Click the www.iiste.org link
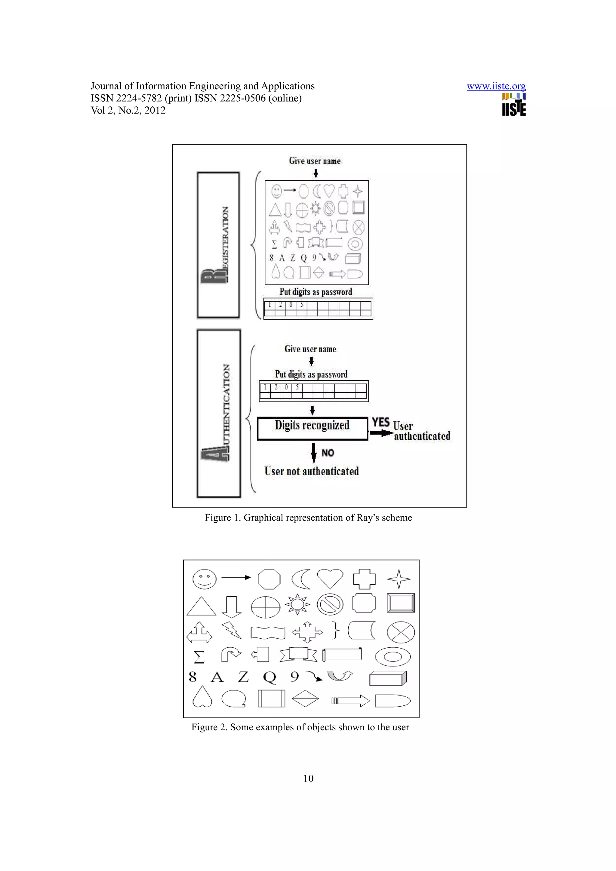pos(496,86)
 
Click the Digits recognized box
pos(312,428)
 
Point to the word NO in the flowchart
pos(328,453)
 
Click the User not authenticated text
pos(311,471)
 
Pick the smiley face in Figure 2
pos(204,579)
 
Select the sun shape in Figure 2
pos(297,604)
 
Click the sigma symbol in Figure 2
pos(199,657)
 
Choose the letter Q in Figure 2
pos(269,677)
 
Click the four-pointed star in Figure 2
pos(399,579)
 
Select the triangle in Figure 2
pos(201,606)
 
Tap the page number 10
pos(308,778)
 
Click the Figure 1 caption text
pos(308,518)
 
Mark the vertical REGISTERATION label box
pos(218,245)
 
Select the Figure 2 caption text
pos(300,727)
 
